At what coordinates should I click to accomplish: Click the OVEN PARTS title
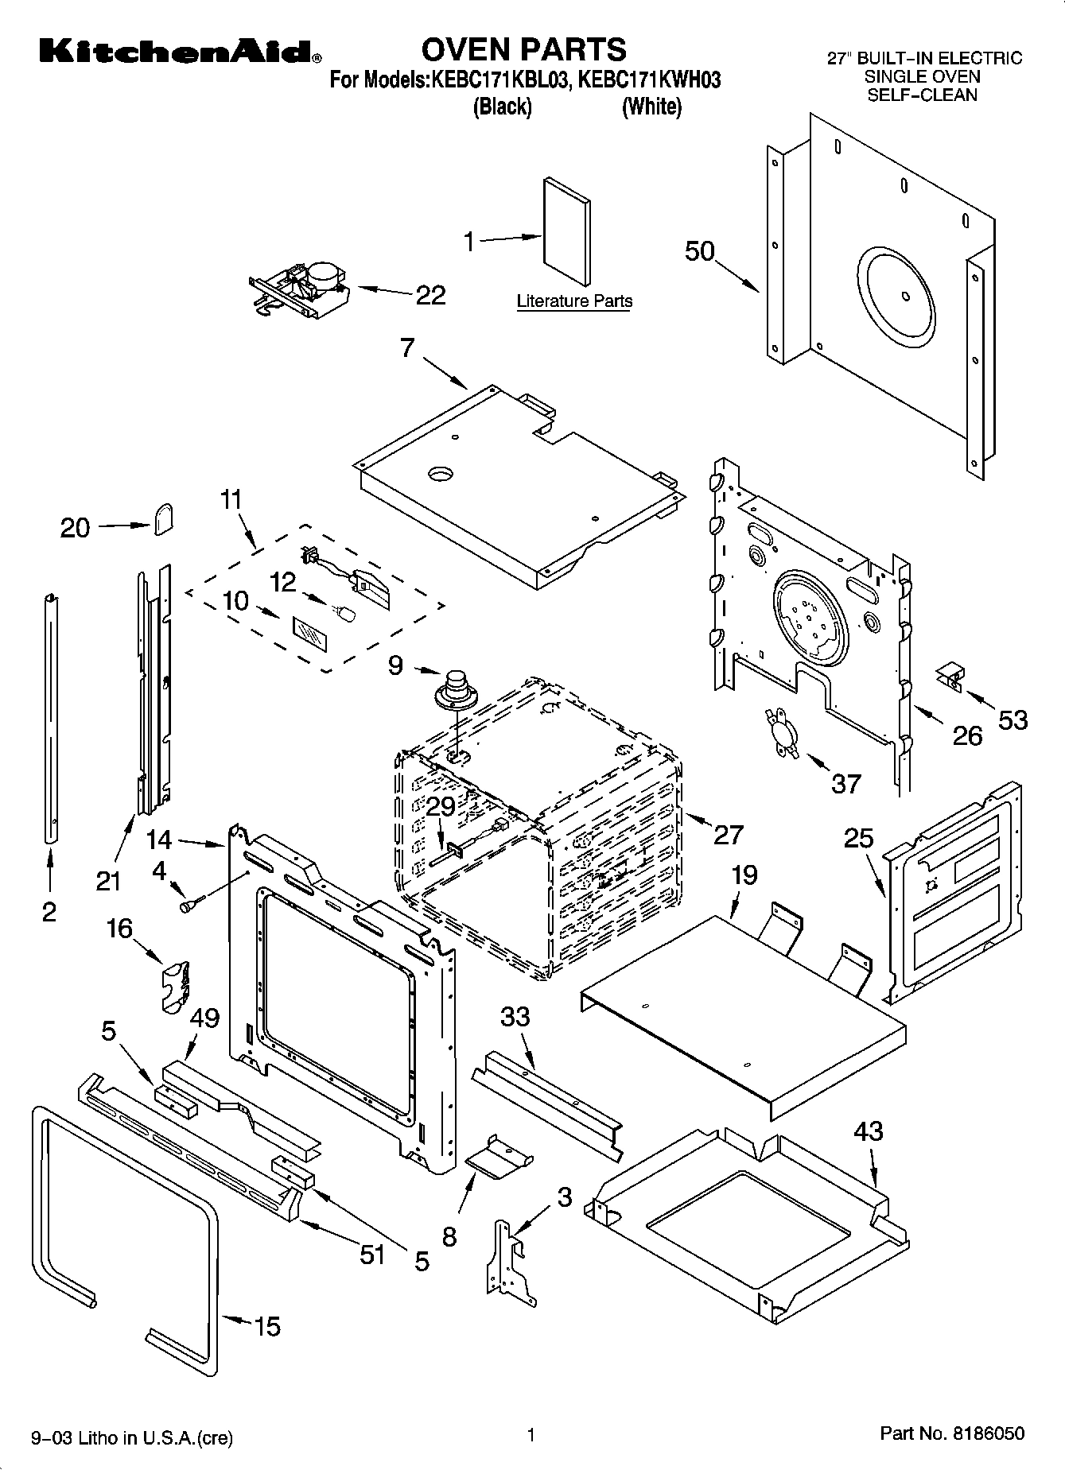[x=523, y=49]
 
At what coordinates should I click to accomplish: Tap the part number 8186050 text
[x=951, y=1433]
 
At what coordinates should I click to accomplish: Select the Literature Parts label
[x=574, y=301]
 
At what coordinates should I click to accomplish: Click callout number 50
[x=700, y=251]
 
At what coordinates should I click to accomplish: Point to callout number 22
[x=430, y=295]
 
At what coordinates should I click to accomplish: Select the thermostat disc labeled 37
[x=779, y=731]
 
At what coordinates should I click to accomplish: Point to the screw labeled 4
[x=192, y=905]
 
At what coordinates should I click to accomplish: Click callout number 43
[x=868, y=1131]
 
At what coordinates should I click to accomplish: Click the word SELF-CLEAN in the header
[x=922, y=95]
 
